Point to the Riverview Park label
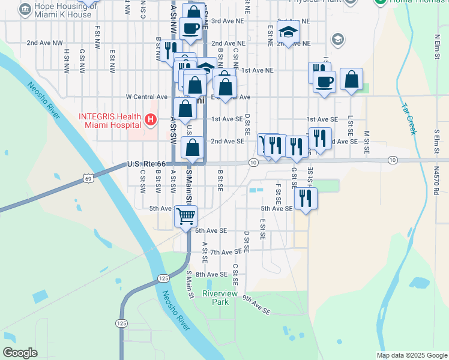(x=215, y=298)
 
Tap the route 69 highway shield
(x=88, y=178)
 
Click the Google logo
(x=20, y=353)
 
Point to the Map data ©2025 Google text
(x=412, y=355)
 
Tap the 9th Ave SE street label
(x=257, y=304)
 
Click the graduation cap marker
(x=289, y=34)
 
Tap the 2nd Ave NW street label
(x=44, y=43)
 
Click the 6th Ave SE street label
(x=211, y=230)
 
